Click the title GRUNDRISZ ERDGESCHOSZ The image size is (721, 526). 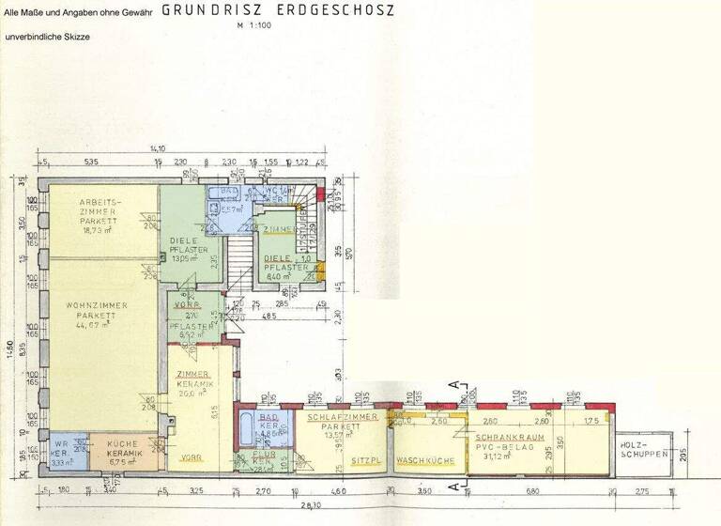click(278, 10)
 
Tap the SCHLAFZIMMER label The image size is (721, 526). click(342, 416)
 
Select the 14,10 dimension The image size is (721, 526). click(157, 148)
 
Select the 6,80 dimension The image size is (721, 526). click(531, 490)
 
